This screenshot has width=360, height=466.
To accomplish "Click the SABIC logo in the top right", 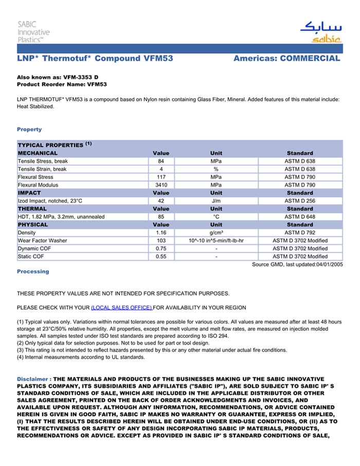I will click(320, 32).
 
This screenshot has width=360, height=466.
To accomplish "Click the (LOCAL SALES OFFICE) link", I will click(121, 308).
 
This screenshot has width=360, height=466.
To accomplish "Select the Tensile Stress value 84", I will click(161, 162).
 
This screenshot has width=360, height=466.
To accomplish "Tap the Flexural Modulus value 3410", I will click(161, 185).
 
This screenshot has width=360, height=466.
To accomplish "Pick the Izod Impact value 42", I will click(161, 201).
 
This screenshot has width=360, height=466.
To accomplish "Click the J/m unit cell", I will click(216, 201).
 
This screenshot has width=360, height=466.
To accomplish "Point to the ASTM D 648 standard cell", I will click(300, 217).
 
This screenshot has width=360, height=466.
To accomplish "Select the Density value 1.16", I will click(161, 232).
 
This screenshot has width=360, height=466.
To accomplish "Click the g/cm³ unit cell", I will click(216, 232).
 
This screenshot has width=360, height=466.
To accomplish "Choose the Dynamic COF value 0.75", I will click(161, 248).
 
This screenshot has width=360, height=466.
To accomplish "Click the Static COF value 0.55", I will click(161, 256).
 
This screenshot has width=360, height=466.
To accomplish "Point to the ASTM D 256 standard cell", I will click(300, 201).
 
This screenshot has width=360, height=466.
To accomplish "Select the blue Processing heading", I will click(33, 271).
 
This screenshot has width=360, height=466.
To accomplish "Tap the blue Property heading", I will click(29, 129).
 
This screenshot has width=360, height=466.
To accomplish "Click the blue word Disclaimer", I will click(33, 379).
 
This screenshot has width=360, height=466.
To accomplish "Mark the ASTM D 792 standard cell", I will click(300, 232).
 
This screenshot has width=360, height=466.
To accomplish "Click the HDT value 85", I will click(161, 217).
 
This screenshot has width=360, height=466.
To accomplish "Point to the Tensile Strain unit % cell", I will click(216, 169).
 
